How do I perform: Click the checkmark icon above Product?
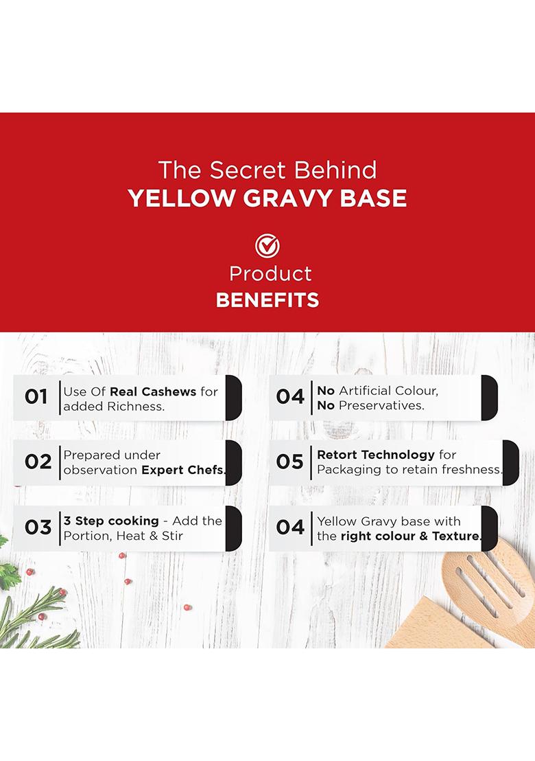coord(267,246)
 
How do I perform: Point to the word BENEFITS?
coord(267,300)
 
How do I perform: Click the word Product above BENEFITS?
coord(270,274)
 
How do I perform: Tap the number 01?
coord(36,397)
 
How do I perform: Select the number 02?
coord(38,462)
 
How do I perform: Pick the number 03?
coord(38,527)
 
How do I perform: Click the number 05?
coord(289,462)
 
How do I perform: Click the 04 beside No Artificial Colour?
coord(289,397)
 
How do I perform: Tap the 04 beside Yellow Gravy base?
coord(289,527)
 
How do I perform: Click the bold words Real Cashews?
coord(153,391)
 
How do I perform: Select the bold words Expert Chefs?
coord(184,470)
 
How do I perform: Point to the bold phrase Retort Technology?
coord(376,455)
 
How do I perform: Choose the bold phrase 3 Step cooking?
coord(111,521)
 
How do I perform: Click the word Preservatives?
coord(381,405)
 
